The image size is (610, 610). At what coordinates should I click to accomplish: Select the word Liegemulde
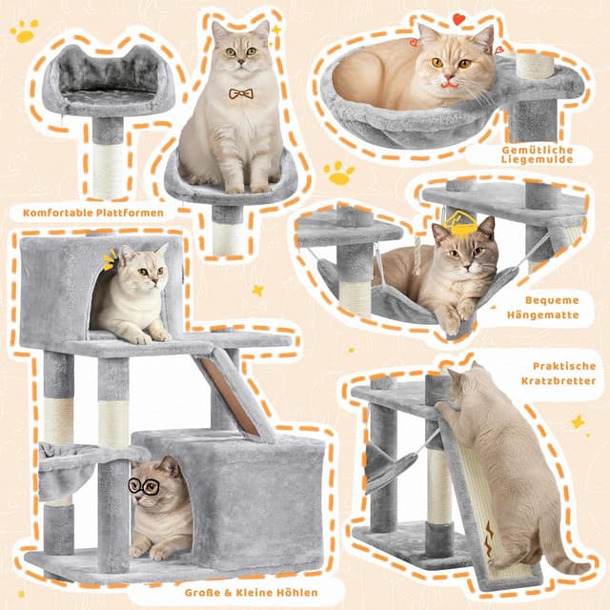tap(537, 159)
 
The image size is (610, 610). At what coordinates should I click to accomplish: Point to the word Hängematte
tap(542, 315)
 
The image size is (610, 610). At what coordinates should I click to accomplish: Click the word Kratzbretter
tap(559, 380)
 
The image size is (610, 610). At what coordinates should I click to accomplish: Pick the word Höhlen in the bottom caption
tap(296, 593)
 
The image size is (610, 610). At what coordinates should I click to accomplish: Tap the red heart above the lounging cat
tap(458, 19)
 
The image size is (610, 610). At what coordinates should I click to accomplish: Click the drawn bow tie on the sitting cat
tap(241, 93)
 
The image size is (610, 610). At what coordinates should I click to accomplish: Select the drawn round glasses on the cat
tap(144, 486)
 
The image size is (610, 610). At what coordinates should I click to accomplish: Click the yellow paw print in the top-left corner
tap(25, 31)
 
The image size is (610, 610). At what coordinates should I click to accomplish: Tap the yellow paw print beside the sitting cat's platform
tap(339, 173)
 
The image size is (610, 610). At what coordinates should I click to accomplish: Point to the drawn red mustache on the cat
tap(449, 84)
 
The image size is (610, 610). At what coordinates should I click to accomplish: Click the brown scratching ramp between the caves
tap(229, 395)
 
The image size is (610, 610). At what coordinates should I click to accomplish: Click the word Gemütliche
tap(538, 151)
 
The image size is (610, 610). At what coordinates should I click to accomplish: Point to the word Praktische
tap(564, 366)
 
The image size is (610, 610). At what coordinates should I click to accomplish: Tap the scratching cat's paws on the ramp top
tap(447, 407)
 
